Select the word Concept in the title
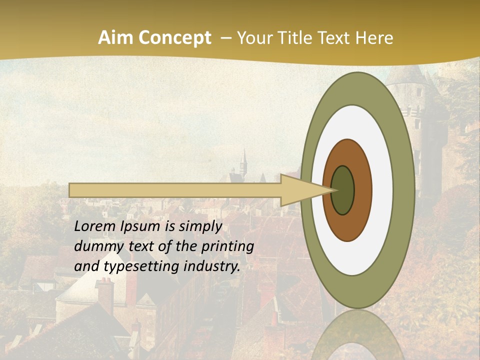[175, 38]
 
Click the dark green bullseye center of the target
[343, 190]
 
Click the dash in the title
[226, 38]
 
